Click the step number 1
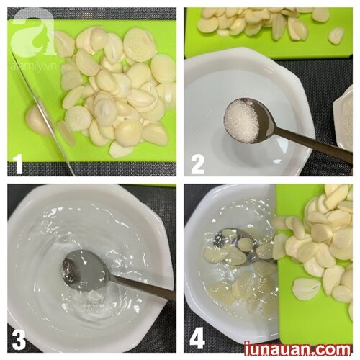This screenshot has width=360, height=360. tap(18, 163)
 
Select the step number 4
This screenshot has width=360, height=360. tap(197, 341)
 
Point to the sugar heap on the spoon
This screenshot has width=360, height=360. tap(241, 124)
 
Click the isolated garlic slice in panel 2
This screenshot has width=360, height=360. tap(336, 36)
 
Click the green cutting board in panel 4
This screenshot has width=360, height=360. tap(315, 264)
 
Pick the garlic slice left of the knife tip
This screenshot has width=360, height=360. tap(67, 133)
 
